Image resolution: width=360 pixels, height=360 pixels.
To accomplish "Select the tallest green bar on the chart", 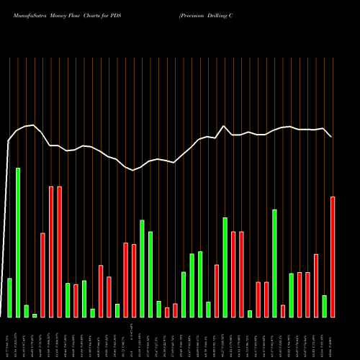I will pyautogui.click(x=18, y=243).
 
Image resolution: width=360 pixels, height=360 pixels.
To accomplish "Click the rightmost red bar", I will pyautogui.click(x=333, y=256).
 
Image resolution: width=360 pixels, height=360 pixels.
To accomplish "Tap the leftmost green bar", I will pyautogui.click(x=9, y=297).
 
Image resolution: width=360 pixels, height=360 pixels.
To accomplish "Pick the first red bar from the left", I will pyautogui.click(x=42, y=275).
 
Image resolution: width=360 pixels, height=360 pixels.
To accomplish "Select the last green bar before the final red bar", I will pyautogui.click(x=324, y=306).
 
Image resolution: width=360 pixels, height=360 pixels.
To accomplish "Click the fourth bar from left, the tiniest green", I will pyautogui.click(x=35, y=315).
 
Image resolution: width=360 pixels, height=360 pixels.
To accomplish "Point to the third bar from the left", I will pyautogui.click(x=26, y=311).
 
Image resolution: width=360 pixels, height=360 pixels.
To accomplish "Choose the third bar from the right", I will pyautogui.click(x=316, y=285).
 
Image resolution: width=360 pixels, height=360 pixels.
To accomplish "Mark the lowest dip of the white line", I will pyautogui.click(x=134, y=170).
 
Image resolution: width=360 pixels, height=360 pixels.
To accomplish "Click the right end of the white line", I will pyautogui.click(x=332, y=136).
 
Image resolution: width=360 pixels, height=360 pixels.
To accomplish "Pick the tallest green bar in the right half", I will pyautogui.click(x=274, y=263).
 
